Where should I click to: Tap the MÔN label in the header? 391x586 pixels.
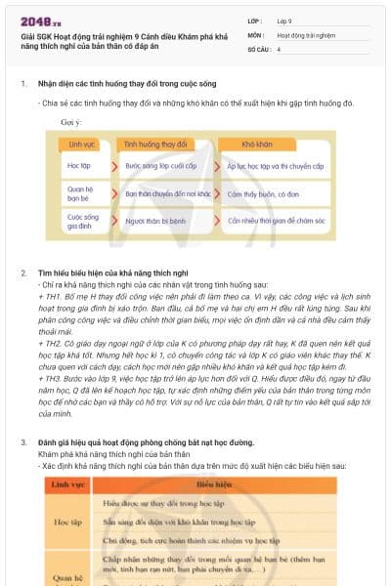[x=258, y=34]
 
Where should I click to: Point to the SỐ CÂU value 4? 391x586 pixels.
[x=279, y=48]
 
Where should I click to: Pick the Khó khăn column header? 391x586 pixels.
[x=256, y=143]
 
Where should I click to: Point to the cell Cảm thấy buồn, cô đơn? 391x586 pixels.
[x=263, y=193]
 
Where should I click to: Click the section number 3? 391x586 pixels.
[x=23, y=442]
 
